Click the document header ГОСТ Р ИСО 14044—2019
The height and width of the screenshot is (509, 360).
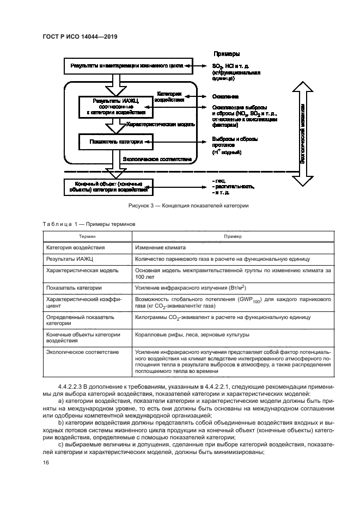click(x=80, y=37)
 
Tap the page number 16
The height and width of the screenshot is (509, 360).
click(x=45, y=462)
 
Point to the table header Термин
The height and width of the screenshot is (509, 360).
click(x=87, y=237)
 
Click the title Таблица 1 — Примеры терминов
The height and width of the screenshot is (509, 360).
click(x=86, y=224)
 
